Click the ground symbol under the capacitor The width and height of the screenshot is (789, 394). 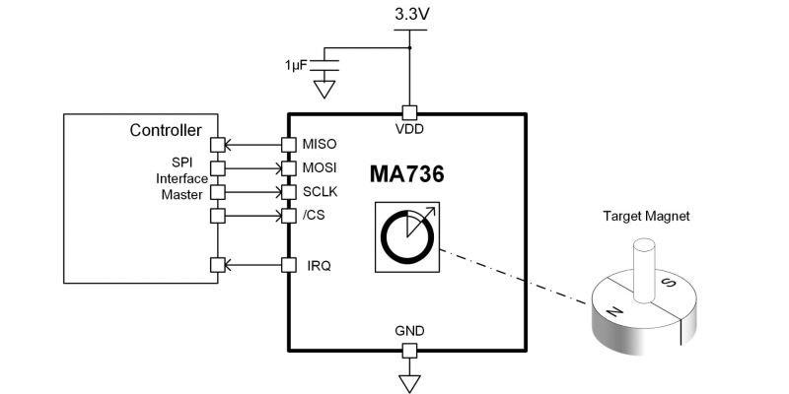pyautogui.click(x=323, y=92)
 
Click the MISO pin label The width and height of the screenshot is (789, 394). pyautogui.click(x=320, y=145)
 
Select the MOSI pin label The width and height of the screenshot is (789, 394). pyautogui.click(x=320, y=168)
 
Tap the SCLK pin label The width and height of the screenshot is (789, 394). pyautogui.click(x=320, y=191)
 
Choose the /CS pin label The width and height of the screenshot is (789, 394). pyautogui.click(x=315, y=215)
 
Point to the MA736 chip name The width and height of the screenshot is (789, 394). pyautogui.click(x=407, y=175)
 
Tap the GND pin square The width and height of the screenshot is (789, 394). pyautogui.click(x=407, y=351)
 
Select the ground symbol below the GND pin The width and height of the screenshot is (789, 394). pyautogui.click(x=407, y=382)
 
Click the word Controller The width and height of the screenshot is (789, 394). pyautogui.click(x=166, y=130)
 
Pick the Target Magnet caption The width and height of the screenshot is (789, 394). pyautogui.click(x=647, y=216)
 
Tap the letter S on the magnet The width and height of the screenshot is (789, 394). pyautogui.click(x=669, y=282)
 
